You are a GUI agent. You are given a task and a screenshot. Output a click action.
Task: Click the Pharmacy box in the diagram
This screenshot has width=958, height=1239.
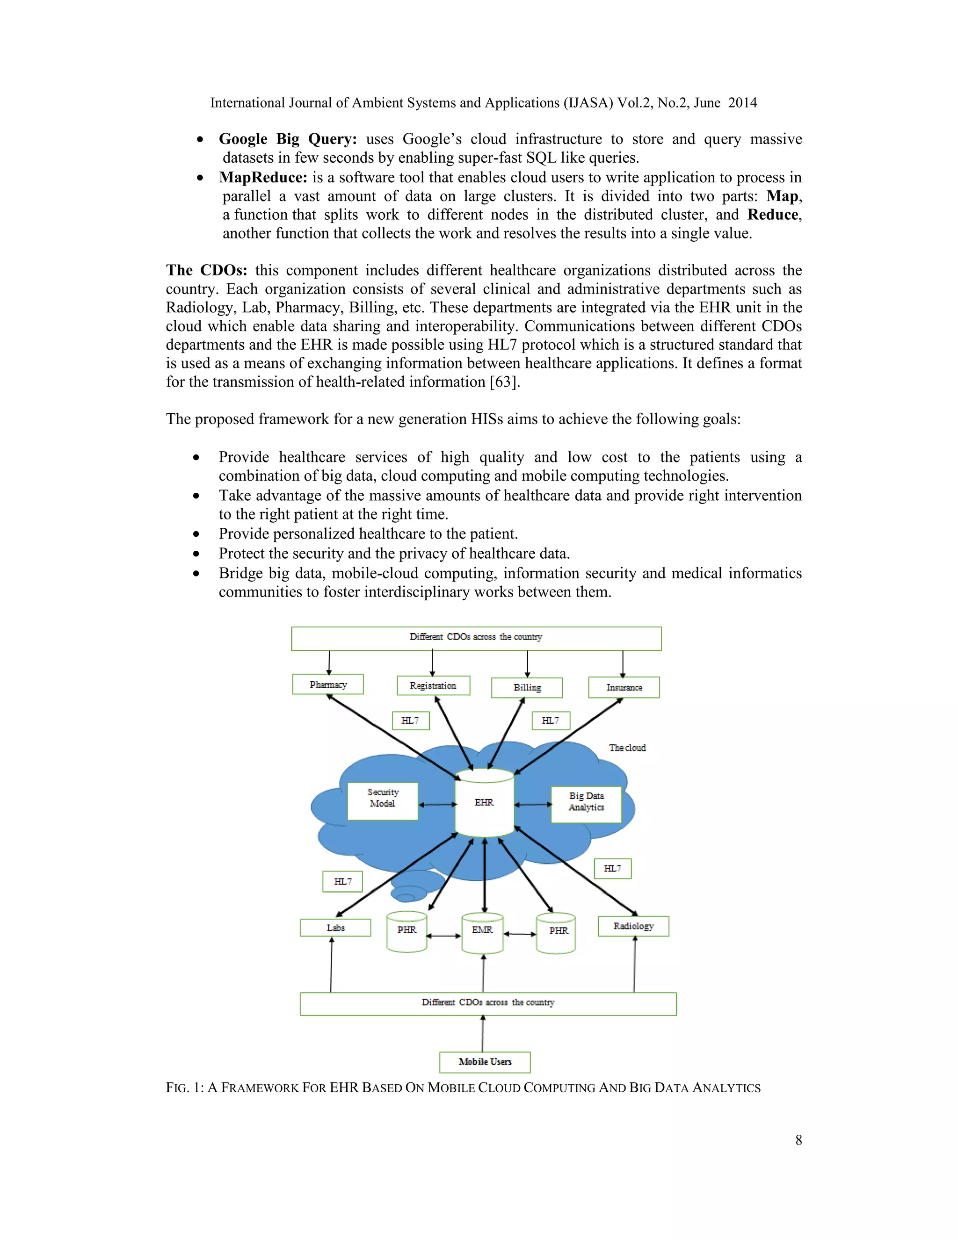pos(327,684)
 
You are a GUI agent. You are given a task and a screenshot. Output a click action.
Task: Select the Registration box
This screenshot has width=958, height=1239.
pos(433,685)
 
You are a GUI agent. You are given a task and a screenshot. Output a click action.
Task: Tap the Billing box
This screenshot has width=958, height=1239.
pos(527,688)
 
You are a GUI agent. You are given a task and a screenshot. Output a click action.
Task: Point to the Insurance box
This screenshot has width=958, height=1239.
pos(624,687)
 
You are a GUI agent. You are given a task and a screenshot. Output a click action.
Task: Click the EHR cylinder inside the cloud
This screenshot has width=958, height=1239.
pos(484,802)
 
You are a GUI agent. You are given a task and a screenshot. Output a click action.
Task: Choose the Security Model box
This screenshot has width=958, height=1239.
pos(383,801)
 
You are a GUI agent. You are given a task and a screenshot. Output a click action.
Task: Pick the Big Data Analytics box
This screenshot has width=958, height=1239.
pos(586,804)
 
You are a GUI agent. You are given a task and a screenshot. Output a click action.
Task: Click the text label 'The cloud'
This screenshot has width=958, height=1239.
pos(627,748)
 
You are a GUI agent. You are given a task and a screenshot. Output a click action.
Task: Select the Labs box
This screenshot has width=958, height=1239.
pos(335,928)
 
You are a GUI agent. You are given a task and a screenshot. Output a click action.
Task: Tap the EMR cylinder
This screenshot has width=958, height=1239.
pos(482,933)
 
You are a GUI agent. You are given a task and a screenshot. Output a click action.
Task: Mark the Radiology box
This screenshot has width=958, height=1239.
pos(633,926)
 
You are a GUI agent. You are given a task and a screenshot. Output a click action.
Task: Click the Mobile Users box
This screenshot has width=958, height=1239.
pos(485,1062)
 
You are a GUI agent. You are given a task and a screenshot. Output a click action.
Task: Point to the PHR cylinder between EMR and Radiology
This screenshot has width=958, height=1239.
pos(557,933)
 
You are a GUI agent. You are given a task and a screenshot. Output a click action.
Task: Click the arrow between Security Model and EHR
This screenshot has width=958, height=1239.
pos(437,804)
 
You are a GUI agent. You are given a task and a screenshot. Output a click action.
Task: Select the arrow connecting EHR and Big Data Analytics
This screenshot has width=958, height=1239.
pos(533,804)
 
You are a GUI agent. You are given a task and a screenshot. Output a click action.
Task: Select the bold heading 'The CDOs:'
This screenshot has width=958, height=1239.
pos(207,270)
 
